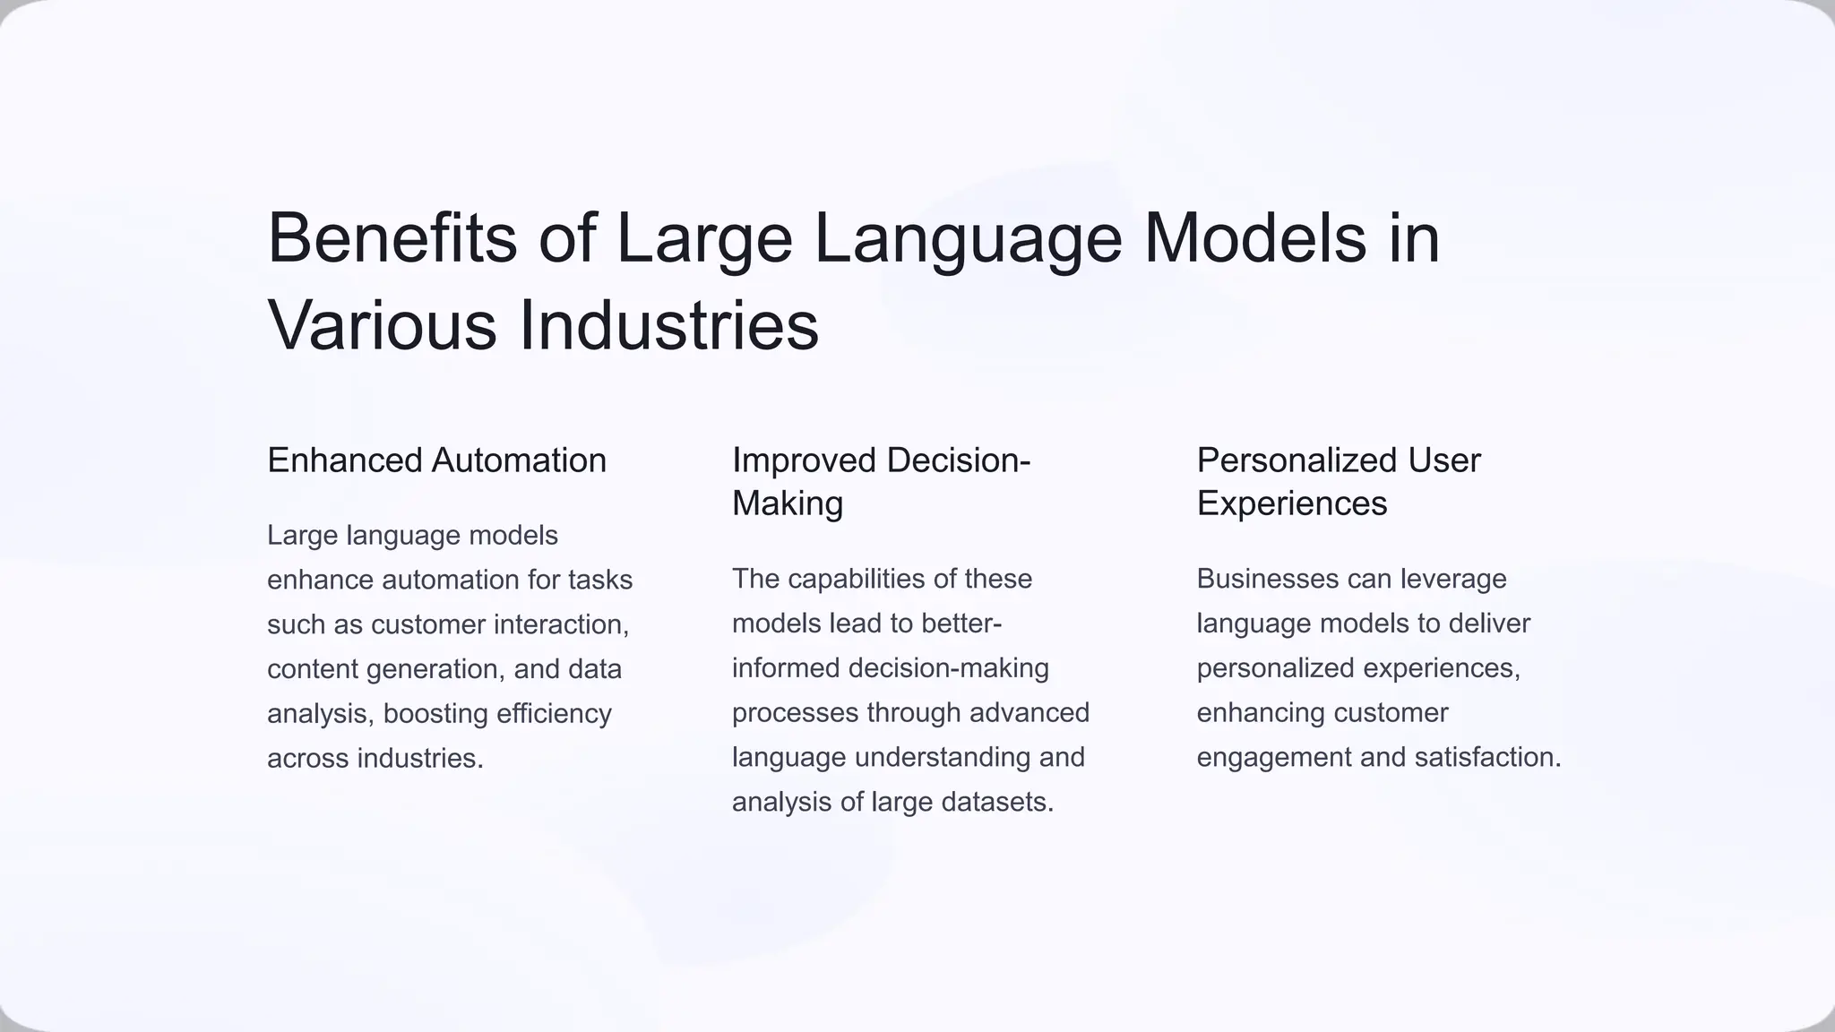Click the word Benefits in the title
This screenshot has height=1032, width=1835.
tap(392, 238)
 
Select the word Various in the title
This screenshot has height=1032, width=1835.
tap(382, 325)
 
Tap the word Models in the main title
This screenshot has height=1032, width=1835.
tap(1255, 238)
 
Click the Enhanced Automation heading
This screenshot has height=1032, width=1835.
tap(436, 460)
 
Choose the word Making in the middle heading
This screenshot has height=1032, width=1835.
tap(787, 503)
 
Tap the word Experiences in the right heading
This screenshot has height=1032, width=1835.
tap(1291, 503)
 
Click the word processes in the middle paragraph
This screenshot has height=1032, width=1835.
tap(795, 713)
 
